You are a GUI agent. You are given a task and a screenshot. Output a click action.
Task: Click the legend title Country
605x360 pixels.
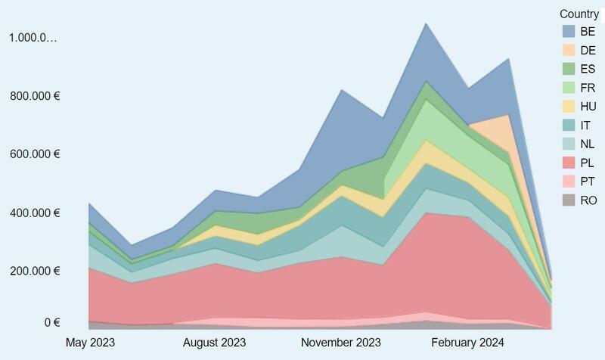coord(579,14)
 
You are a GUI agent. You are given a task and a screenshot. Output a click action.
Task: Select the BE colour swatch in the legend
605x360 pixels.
coord(569,32)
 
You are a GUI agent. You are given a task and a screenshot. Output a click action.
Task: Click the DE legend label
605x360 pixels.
coord(588,50)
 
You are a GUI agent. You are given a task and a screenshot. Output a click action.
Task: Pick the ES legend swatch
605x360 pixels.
coord(569,69)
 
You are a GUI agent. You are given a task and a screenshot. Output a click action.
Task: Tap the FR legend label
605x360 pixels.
coord(588,88)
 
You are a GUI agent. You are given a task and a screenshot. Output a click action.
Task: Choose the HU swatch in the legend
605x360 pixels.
coord(569,107)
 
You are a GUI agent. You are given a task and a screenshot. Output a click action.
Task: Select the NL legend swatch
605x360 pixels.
coord(569,144)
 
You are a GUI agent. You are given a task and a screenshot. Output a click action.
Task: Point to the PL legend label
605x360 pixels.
coord(588,163)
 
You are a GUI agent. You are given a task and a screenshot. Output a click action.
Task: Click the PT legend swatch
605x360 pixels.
coord(569,182)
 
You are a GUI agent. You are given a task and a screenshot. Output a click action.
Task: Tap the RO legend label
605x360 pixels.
coord(588,200)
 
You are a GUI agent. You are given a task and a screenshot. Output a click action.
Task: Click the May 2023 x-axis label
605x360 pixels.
coord(90,343)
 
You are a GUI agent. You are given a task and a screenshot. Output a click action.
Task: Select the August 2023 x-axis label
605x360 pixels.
coord(215,343)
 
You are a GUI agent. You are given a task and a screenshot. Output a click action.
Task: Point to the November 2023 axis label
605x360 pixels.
coord(340,343)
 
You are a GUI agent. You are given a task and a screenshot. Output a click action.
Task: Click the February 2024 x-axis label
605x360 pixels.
coord(467,343)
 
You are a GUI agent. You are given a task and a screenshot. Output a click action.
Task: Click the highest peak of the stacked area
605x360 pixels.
coord(426,23)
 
